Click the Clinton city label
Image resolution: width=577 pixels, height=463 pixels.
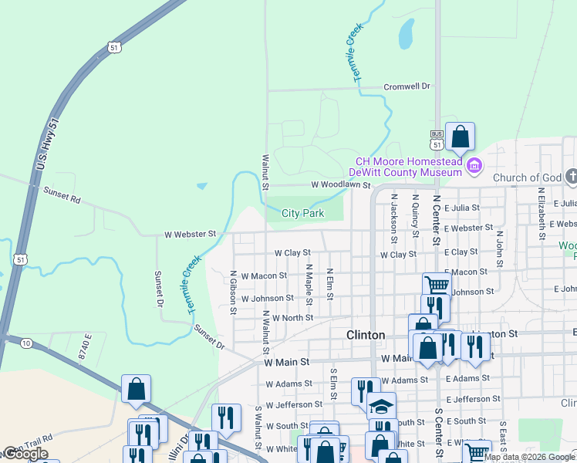click(365, 335)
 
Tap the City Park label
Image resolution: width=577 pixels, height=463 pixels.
click(302, 213)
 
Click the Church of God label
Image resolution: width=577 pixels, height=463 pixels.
click(527, 178)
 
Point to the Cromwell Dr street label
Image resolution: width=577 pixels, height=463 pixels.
click(407, 86)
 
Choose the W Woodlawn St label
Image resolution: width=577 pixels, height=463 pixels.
click(341, 185)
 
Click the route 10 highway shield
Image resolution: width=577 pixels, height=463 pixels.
click(26, 343)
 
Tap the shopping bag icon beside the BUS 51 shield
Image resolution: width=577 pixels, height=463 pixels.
click(460, 138)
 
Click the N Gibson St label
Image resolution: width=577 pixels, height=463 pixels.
click(233, 292)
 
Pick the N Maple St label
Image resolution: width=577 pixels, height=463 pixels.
click(309, 283)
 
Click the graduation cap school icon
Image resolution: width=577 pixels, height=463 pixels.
click(380, 406)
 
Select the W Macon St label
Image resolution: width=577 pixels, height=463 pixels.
click(264, 275)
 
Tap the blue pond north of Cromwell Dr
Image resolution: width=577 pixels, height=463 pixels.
click(406, 33)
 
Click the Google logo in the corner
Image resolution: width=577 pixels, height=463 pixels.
click(25, 454)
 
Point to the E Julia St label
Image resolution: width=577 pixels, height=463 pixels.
click(462, 208)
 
